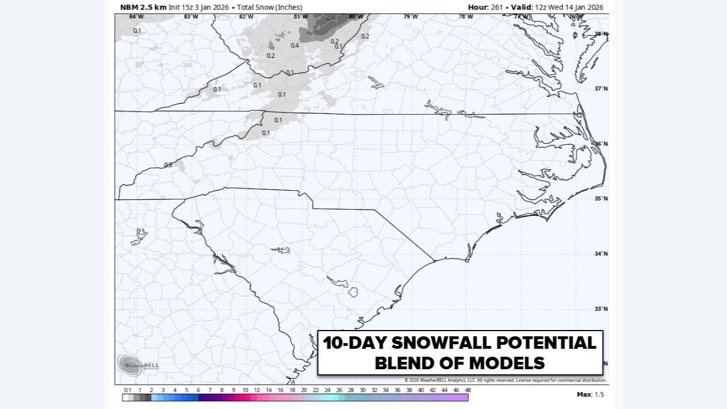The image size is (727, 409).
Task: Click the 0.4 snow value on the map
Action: tap(295, 45)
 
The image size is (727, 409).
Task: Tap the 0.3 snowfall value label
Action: tap(168, 165)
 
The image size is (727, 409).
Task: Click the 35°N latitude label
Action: tap(601, 198)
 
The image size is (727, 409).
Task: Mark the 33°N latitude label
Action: tap(601, 309)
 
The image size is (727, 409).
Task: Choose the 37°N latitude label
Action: tap(601, 89)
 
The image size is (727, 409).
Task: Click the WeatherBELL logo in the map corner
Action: tap(137, 364)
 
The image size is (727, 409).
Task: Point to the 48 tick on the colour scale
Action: tap(467, 390)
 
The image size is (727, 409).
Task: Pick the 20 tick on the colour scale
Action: tap(304, 390)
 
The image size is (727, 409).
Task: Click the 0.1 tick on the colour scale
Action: tap(127, 390)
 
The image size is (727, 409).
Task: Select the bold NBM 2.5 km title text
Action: tap(143, 7)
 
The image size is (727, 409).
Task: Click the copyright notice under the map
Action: tap(505, 380)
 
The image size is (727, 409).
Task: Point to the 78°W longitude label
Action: tap(466, 16)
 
